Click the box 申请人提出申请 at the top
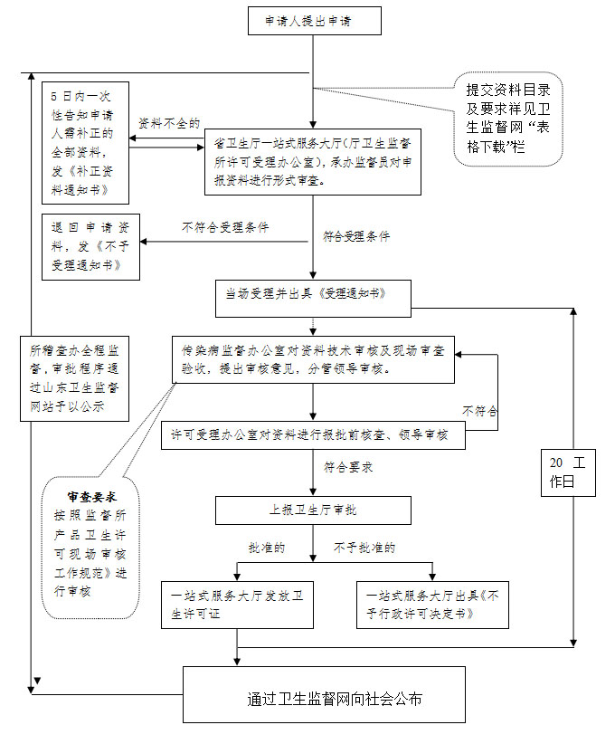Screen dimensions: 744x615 tap(314, 21)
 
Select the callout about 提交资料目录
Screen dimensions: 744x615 tap(508, 119)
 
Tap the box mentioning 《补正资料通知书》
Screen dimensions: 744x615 tap(85, 142)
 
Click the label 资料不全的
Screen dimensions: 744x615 tap(168, 122)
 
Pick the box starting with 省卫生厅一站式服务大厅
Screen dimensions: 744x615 tap(313, 161)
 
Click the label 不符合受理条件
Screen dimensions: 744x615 tap(225, 228)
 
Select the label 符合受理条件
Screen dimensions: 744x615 tap(356, 236)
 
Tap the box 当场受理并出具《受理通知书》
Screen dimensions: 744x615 tap(313, 298)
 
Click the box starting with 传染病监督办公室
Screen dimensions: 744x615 tap(313, 360)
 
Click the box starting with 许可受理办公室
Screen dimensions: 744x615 tap(313, 434)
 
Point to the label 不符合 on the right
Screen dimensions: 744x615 tap(480, 411)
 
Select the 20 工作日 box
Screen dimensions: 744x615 tap(569, 472)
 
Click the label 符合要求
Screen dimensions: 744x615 tap(349, 468)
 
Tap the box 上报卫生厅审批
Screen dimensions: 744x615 tap(313, 510)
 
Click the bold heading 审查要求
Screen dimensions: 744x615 tap(91, 497)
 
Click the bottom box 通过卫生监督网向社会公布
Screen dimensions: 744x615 tap(324, 700)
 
